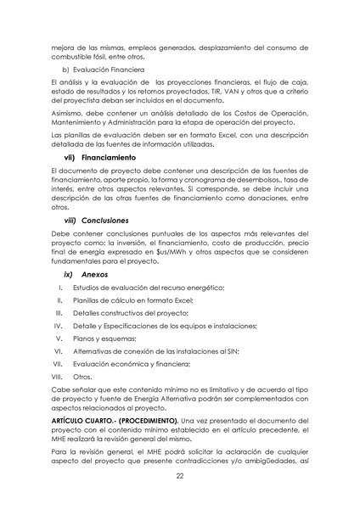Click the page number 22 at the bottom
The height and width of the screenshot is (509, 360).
pos(179,477)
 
